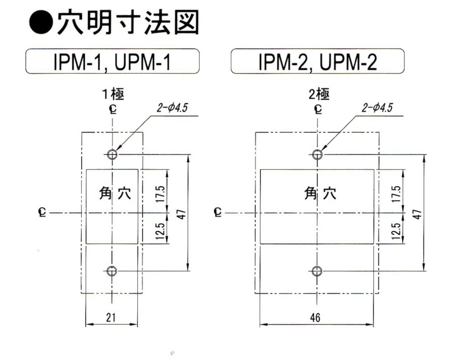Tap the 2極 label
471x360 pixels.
[317, 93]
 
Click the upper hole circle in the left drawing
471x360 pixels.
[112, 154]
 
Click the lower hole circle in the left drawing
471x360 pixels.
[112, 271]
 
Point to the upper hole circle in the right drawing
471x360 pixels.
[317, 154]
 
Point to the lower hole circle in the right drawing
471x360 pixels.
[317, 271]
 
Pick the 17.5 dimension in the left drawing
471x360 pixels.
[161, 191]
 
